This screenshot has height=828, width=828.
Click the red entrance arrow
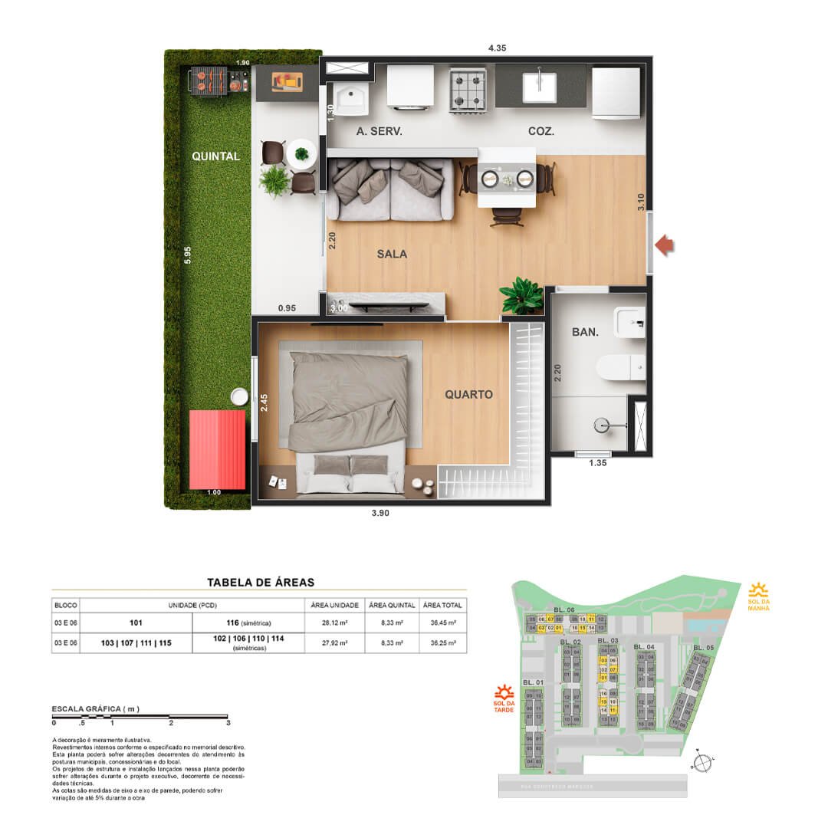coord(665,246)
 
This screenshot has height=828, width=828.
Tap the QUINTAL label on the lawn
coord(215,156)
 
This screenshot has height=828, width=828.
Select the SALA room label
coord(391,254)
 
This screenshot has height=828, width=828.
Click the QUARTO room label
coord(468,395)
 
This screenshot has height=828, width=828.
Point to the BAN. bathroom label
coord(585,333)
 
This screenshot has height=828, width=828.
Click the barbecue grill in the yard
coord(207,80)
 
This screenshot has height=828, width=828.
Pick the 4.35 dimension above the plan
coord(498,48)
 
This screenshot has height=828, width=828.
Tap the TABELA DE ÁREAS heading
coord(260,583)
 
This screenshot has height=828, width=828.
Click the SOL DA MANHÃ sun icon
coord(759,590)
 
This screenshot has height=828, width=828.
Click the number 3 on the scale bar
coord(228,722)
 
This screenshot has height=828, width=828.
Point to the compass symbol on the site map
coord(700,762)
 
